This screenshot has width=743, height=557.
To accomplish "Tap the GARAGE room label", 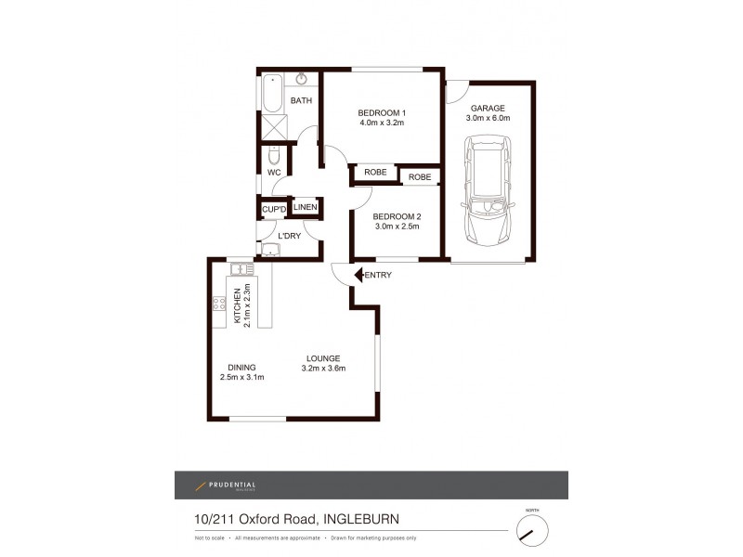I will (488, 108).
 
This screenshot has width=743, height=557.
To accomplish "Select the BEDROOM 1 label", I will (383, 114).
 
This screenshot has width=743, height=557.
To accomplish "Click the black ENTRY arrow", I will (361, 275).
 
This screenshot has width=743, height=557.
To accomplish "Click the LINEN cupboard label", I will (306, 207).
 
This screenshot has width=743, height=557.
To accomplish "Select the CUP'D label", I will (273, 210).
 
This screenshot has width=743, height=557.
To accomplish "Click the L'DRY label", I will (290, 236).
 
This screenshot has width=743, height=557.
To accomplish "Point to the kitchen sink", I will (241, 269).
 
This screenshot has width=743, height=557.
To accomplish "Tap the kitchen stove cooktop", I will (219, 303).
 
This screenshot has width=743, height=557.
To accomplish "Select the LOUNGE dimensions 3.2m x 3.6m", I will (323, 369).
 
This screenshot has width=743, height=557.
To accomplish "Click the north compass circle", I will (531, 531).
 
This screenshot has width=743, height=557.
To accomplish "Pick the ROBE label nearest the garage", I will (420, 176).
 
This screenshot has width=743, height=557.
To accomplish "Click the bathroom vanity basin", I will (302, 79).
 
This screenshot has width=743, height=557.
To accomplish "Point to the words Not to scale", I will (211, 538).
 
